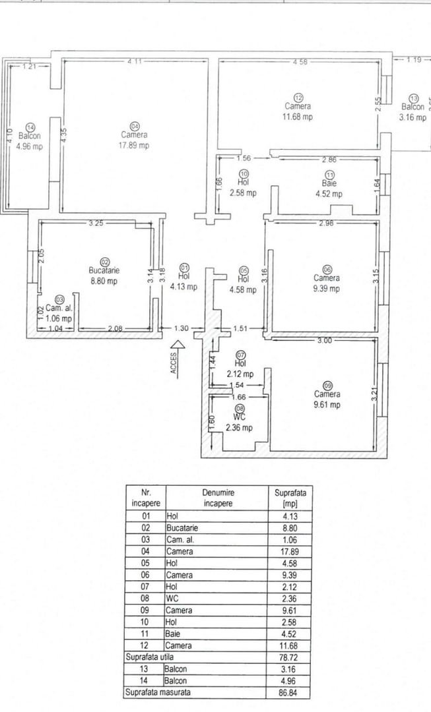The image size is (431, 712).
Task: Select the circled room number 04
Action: (x=135, y=126)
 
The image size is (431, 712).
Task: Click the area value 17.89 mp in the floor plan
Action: (x=134, y=146)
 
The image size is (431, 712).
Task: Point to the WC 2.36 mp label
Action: (x=238, y=423)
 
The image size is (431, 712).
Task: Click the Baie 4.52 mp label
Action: (x=327, y=189)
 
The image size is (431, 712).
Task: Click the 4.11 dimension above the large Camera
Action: (x=135, y=62)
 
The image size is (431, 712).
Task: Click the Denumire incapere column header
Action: (x=219, y=498)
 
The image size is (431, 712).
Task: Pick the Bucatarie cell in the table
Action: (x=183, y=527)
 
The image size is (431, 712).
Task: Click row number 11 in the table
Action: (x=146, y=634)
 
